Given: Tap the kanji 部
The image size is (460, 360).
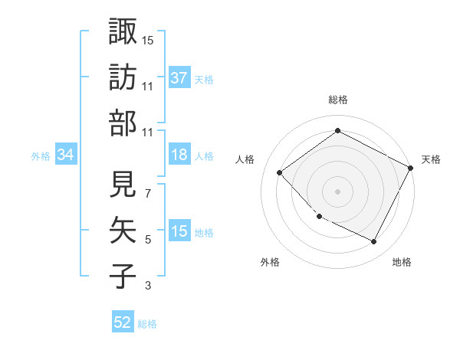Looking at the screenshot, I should tap(123, 123).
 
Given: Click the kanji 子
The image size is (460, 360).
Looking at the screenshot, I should tap(123, 275).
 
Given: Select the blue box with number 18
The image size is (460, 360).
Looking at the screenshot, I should tap(179, 155).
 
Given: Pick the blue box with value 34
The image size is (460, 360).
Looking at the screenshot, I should tap(65, 155).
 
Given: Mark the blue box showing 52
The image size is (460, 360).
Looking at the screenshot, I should tap(123, 322).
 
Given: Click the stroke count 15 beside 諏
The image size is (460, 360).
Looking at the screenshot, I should tap(148, 40).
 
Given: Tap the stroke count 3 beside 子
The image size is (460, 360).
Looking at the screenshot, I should tap(147, 286).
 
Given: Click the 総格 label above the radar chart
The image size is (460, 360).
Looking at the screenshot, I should tap(337, 100).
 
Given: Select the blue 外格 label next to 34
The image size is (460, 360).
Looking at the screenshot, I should tap(41, 155).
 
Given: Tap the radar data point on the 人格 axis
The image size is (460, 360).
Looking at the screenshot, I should tap(280, 172).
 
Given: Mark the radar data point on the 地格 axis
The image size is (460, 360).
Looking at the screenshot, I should tap(373, 242).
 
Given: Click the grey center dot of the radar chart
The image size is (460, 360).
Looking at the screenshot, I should tap(337, 191).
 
